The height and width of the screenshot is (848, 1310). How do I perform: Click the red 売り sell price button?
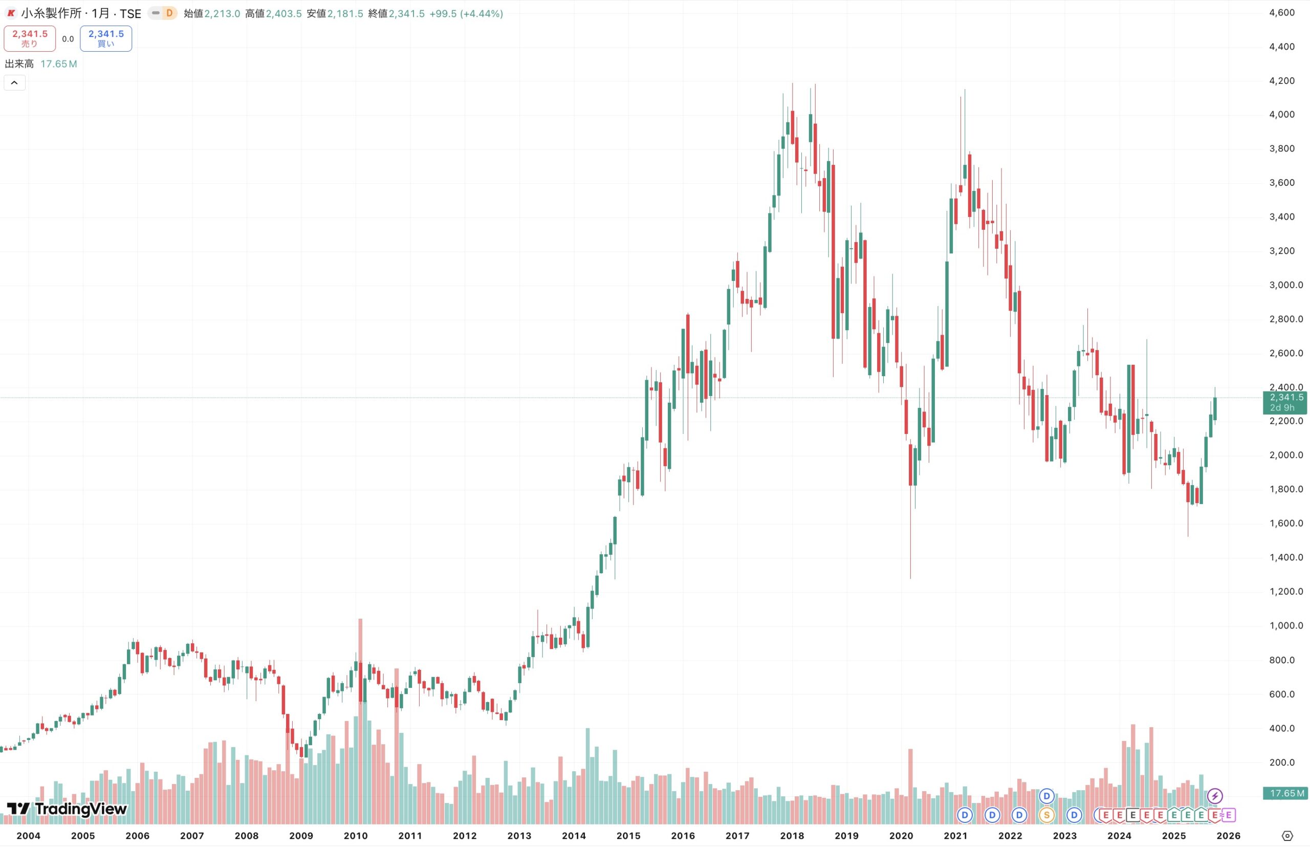[30, 38]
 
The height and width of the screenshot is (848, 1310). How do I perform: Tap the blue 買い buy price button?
[106, 38]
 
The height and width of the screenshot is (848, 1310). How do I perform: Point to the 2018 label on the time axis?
[792, 835]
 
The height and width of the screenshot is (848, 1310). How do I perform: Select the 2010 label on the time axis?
[356, 835]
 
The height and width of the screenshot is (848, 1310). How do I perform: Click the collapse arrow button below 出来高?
[14, 82]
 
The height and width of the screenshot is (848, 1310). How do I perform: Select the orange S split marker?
[1046, 815]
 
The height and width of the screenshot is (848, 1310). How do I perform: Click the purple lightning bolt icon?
[1215, 796]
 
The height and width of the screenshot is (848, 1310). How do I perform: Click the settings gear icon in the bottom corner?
[1287, 836]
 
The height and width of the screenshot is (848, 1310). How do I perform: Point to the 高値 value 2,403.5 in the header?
[283, 14]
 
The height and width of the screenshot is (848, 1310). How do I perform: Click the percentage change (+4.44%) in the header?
[482, 14]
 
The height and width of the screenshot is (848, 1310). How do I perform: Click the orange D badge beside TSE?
[169, 13]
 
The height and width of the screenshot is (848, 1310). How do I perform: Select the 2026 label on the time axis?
[1228, 835]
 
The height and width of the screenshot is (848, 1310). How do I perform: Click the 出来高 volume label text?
[19, 64]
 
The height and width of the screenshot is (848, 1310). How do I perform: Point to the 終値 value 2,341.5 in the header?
[406, 14]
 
